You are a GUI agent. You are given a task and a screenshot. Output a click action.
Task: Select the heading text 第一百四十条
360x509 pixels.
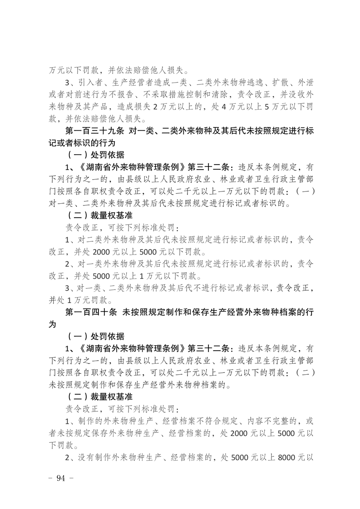pyautogui.click(x=90, y=313)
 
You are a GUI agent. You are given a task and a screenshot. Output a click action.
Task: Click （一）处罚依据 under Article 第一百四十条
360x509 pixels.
pyautogui.click(x=95, y=337)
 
